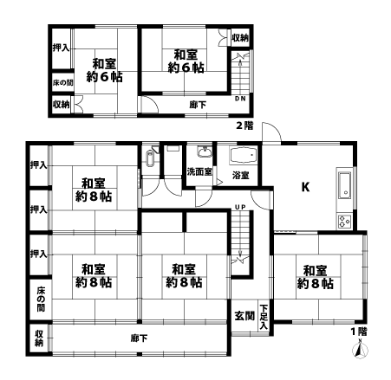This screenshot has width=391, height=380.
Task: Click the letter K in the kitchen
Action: click(305, 187)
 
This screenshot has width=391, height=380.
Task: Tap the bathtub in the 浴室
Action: click(243, 156)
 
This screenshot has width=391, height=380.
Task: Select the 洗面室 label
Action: click(199, 172)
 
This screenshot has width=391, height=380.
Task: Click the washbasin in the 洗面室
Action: click(205, 151)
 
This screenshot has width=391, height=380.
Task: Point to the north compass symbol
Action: click(360, 350)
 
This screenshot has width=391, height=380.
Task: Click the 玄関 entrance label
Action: click(244, 316)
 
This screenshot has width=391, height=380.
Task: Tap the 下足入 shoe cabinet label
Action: click(264, 317)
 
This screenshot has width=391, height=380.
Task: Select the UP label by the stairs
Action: click(240, 207)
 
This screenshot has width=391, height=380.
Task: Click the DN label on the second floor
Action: click(240, 99)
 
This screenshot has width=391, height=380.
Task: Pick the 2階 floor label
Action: click(244, 126)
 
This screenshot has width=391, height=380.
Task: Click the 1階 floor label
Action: click(359, 332)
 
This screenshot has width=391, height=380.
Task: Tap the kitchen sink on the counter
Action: click(345, 185)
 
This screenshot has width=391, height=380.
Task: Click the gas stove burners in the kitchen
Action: click(345, 222)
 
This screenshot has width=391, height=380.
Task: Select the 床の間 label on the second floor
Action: click(62, 83)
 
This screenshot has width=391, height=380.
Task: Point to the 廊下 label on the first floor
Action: click(139, 338)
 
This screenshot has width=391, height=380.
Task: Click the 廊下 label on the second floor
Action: click(198, 105)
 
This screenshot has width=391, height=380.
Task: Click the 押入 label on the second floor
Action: click(61, 48)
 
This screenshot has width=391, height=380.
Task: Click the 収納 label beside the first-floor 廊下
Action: click(39, 338)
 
